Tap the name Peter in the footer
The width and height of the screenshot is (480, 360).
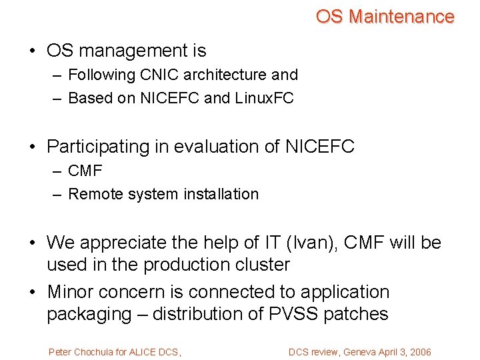point(59,352)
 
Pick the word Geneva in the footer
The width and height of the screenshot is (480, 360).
point(357,352)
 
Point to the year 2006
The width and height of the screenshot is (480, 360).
point(419,352)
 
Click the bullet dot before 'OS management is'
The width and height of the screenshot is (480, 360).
point(33,51)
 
